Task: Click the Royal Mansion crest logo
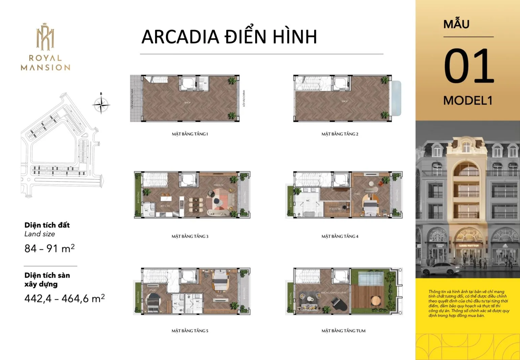point(45,37)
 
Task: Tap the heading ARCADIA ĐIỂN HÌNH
point(229,37)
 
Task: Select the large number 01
point(469,66)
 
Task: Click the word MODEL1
point(468,101)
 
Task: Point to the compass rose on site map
point(101,104)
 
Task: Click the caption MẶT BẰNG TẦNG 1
point(190,134)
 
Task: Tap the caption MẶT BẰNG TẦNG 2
point(340,134)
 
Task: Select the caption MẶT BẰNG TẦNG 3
point(190,236)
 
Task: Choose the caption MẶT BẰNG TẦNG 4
point(340,236)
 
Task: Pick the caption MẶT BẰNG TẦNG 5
point(190,331)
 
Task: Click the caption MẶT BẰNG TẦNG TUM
point(343,331)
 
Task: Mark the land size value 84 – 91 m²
point(49,249)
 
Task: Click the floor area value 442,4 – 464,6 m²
point(64,298)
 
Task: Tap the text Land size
point(40,234)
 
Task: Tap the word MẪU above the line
point(456,24)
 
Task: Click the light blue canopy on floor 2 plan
point(396,98)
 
